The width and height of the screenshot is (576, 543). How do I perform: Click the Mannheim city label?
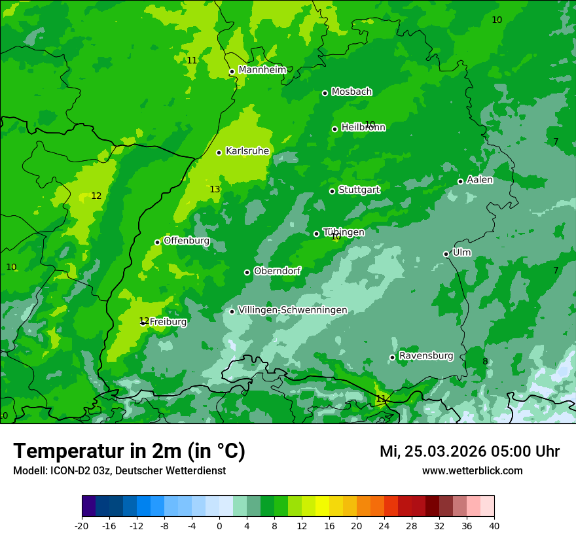click(262, 70)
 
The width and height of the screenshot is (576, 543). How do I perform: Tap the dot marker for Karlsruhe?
click(219, 152)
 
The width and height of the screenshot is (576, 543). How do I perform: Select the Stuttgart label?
click(359, 190)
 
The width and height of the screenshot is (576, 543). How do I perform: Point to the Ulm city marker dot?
click(446, 254)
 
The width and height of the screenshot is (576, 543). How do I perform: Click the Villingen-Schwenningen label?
click(293, 310)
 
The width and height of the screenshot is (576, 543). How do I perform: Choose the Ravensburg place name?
click(425, 356)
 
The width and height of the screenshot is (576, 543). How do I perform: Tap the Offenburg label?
click(187, 241)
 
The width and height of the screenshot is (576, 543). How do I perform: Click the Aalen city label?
click(480, 180)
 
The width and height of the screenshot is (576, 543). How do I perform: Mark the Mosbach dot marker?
click(325, 93)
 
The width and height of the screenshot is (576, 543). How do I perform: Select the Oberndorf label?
click(277, 271)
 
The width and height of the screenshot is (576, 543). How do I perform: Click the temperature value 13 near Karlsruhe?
click(215, 190)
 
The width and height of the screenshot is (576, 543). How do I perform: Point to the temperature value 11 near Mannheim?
click(192, 60)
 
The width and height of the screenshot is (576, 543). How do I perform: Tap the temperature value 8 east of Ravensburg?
click(485, 362)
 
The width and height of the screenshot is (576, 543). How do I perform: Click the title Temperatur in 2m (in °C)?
click(129, 451)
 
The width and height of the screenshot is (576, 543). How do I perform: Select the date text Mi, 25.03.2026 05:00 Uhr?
click(469, 451)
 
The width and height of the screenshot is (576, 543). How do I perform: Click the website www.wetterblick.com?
click(472, 471)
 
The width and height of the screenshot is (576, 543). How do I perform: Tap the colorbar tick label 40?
click(494, 526)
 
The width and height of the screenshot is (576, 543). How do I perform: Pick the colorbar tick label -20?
click(82, 526)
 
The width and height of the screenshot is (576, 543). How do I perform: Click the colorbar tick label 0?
click(219, 526)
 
